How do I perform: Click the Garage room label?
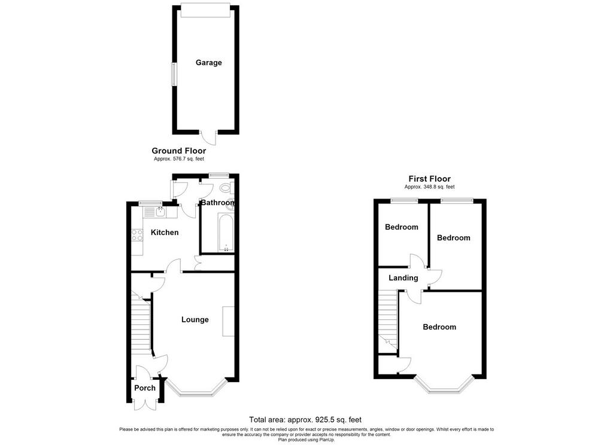pos(208,63)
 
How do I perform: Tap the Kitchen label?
pos(165,233)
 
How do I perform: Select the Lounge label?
pos(195,319)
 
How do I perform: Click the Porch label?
pos(145,388)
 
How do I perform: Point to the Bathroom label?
pos(218,202)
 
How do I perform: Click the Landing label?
pos(403,278)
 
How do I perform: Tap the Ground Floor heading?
pos(178,151)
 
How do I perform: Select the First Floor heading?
pos(429,179)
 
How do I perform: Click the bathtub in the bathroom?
pos(226,233)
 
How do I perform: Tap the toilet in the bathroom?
pos(227,188)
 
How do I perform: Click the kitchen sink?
pos(160,212)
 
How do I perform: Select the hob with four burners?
pos(137,235)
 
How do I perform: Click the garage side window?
pos(174,74)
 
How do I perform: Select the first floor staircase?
pos(388,321)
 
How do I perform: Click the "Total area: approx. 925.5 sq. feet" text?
pos(305,420)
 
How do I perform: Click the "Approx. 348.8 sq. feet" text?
pos(430,187)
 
